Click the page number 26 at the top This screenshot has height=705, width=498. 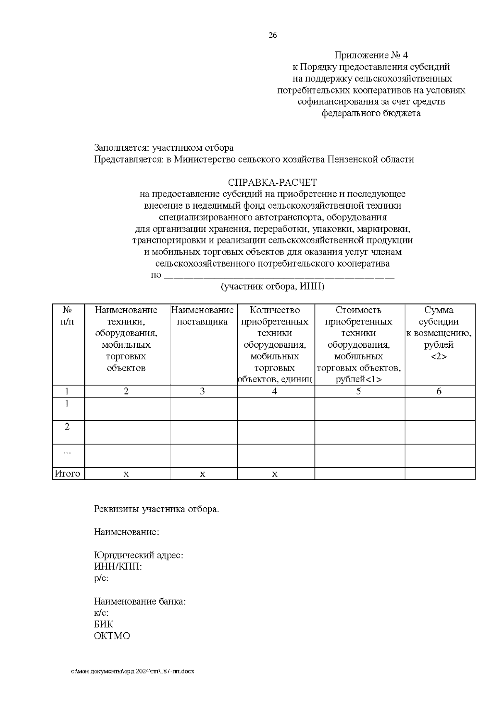(273, 35)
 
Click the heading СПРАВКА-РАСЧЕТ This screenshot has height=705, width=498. (272, 182)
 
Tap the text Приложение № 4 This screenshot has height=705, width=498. (371, 55)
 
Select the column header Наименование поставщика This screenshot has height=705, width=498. (203, 316)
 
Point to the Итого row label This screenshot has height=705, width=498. (68, 474)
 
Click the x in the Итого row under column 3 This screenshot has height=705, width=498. (203, 474)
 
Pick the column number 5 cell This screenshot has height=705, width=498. (359, 391)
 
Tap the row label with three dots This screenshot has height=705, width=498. (67, 451)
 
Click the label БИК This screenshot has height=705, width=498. (103, 624)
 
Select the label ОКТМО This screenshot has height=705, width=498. (112, 636)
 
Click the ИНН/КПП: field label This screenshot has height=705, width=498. (118, 567)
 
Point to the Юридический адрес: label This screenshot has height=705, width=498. (139, 555)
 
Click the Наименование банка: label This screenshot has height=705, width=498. (139, 602)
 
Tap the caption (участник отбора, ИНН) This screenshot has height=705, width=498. (272, 286)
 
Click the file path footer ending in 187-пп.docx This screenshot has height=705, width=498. (132, 671)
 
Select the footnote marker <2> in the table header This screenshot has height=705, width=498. (439, 356)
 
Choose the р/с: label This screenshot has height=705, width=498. (101, 578)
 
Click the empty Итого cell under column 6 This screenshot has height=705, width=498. (440, 474)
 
